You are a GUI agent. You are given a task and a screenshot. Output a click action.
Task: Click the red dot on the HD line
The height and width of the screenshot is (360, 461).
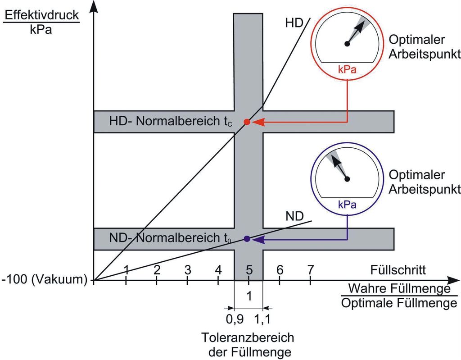click(247, 122)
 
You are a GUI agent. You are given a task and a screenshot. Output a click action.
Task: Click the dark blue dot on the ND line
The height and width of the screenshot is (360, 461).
click(247, 239)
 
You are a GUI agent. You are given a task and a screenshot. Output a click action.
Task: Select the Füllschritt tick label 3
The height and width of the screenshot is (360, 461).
click(188, 270)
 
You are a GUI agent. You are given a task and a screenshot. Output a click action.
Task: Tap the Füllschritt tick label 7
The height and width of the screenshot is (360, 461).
click(310, 270)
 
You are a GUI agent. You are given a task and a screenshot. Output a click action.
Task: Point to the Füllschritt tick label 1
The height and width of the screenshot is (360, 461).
click(127, 270)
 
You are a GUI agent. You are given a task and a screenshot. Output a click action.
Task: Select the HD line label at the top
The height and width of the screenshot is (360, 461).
click(294, 23)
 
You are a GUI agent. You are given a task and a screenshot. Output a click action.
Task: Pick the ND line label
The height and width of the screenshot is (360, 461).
click(294, 215)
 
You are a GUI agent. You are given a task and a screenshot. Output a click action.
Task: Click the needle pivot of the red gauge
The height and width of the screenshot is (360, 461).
click(347, 44)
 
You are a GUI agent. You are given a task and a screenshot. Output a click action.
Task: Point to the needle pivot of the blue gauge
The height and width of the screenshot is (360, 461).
click(347, 179)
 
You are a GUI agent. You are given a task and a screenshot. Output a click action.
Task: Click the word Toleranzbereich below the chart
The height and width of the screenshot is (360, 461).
click(248, 337)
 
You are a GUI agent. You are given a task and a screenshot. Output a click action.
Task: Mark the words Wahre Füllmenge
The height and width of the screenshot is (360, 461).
click(399, 287)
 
